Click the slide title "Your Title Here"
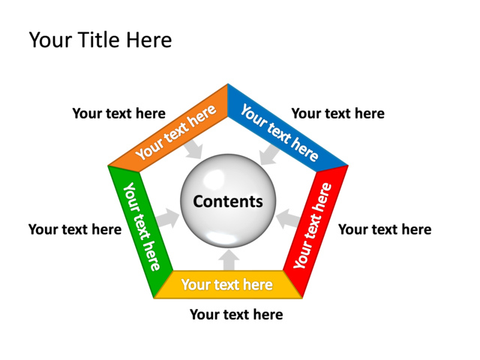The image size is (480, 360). pyautogui.click(x=100, y=40)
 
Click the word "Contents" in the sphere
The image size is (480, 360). pyautogui.click(x=228, y=202)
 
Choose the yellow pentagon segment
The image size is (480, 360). pyautogui.click(x=227, y=285)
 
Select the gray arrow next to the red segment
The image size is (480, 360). pyautogui.click(x=286, y=220)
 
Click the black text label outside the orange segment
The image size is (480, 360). pyautogui.click(x=118, y=114)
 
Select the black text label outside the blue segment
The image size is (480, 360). pyautogui.click(x=337, y=114)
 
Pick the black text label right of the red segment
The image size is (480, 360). pyautogui.click(x=385, y=229)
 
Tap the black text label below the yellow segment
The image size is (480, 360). pyautogui.click(x=236, y=315)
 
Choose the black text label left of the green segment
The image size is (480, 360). pyautogui.click(x=74, y=229)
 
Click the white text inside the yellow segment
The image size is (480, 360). pyautogui.click(x=227, y=285)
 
